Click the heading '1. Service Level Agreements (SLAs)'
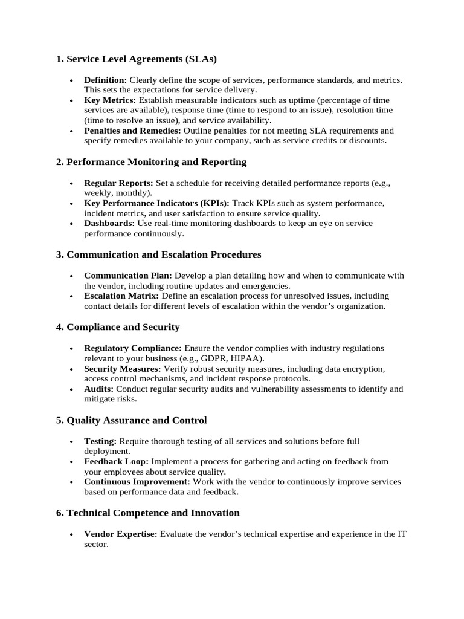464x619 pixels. [x=136, y=59]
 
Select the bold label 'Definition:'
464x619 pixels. [x=105, y=80]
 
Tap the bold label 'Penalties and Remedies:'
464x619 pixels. [x=132, y=131]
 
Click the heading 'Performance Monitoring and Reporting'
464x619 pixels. [x=156, y=162]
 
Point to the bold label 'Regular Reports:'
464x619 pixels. [x=118, y=183]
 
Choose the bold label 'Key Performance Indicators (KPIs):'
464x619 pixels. [x=156, y=203]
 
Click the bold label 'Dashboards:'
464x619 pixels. [x=109, y=224]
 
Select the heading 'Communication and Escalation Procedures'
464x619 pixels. [x=164, y=254]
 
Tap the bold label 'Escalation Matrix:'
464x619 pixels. [x=121, y=296]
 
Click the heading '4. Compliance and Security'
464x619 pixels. [x=118, y=327]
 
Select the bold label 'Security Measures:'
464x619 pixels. [x=123, y=369]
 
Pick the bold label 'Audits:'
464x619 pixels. [x=98, y=389]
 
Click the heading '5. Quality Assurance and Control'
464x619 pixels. [x=131, y=420]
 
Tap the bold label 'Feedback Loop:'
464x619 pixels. [x=116, y=461]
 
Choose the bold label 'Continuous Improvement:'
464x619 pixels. [x=137, y=482]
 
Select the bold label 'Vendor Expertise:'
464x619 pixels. [x=121, y=534]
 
